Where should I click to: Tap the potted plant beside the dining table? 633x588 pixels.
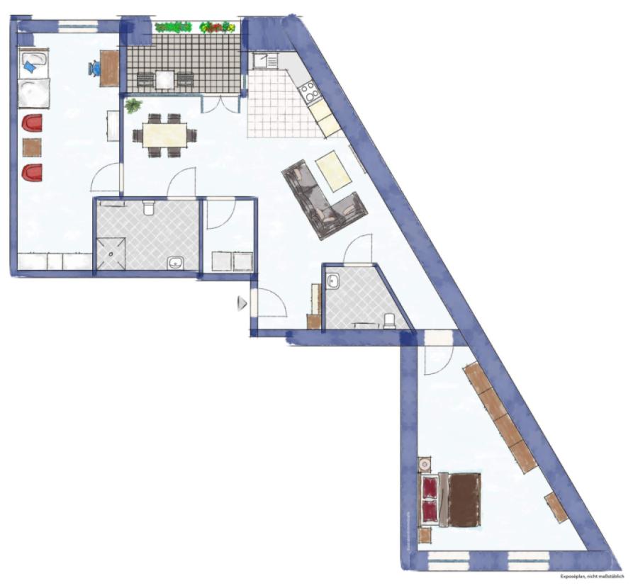pos(133,106)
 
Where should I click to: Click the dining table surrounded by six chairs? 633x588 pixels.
pos(164,135)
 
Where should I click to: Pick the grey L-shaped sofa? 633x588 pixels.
pos(323,198)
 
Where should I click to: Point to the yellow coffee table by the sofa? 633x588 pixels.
pos(333,171)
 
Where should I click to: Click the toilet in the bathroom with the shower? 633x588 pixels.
pos(148,208)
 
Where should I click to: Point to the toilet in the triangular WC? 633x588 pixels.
pos(389,322)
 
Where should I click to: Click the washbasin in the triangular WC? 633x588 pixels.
pos(333,282)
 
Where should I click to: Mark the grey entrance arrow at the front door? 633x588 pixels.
pos(241,303)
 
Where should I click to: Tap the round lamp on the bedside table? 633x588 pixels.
pos(425,465)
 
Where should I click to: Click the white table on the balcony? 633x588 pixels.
pos(164,79)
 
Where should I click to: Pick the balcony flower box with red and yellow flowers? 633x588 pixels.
pos(217,28)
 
